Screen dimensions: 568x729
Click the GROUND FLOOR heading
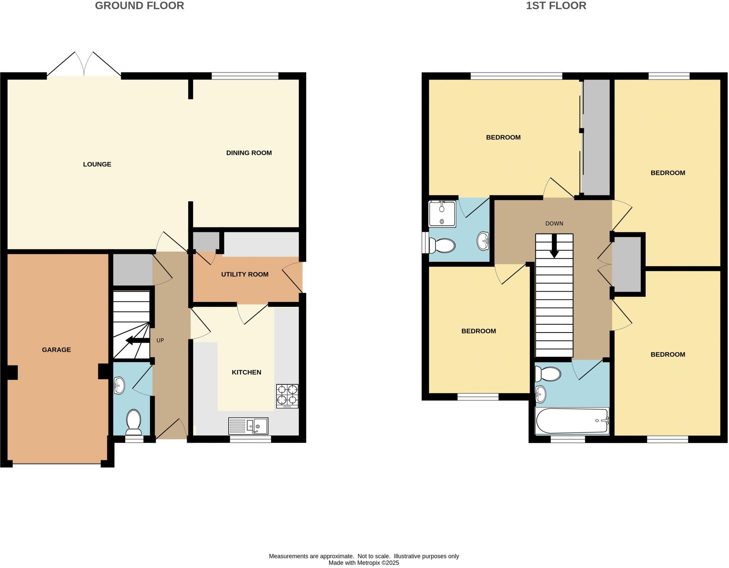139,6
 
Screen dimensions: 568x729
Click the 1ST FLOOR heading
556,6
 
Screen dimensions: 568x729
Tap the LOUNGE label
97,164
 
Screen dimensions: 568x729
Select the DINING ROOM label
249,153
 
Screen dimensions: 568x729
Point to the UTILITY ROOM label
245,274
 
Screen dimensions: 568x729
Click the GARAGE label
56,350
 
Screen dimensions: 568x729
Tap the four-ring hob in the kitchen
287,396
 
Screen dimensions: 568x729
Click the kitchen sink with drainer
248,426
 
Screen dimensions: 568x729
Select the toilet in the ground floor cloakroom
134,422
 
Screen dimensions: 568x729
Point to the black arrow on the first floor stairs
554,246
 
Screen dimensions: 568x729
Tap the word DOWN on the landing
554,223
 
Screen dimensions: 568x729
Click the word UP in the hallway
160,340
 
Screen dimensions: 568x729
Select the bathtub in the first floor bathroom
572,421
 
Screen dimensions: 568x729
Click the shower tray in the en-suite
442,214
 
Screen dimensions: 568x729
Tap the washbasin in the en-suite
483,241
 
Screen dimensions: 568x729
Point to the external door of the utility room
293,277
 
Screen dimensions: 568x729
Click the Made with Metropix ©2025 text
363,563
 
